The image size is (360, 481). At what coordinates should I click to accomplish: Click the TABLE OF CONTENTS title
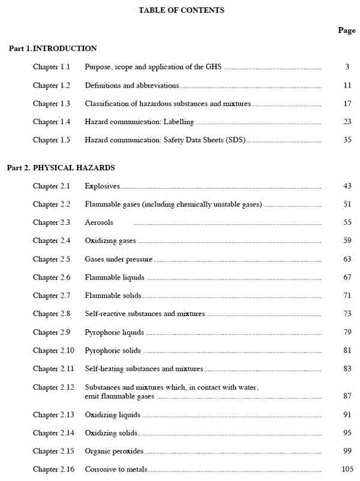pos(181,10)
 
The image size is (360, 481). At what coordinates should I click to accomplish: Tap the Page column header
pos(346,30)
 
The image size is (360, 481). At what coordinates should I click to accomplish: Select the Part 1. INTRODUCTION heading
pos(53,49)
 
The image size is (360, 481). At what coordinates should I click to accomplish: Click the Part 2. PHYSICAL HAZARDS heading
pos(61,168)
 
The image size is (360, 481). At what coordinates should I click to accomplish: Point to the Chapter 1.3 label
pos(52,104)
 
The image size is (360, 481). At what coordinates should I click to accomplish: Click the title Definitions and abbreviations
pos(132,85)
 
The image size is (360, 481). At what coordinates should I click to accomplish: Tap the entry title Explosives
pos(103,186)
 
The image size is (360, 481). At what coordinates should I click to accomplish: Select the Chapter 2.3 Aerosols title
pos(99,223)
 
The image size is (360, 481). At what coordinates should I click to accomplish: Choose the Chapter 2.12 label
pos(53,387)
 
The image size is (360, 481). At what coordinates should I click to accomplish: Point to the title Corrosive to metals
pos(116,469)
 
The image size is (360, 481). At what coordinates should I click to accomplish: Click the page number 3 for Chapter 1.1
pos(347,67)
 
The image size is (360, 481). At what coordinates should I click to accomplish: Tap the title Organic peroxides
pos(114,451)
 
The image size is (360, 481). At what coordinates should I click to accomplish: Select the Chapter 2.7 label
pos(52,296)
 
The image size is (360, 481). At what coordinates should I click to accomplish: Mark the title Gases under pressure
pos(119,259)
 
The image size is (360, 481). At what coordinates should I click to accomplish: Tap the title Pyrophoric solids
pos(113,350)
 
